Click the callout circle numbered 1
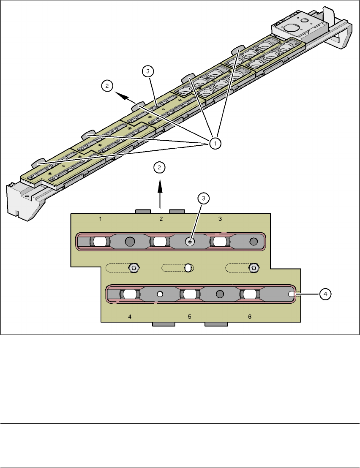pos(215,144)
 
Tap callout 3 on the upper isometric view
pos(147,72)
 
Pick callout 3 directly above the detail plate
pos(204,198)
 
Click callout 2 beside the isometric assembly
pos(107,86)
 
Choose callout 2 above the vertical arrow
pos(159,168)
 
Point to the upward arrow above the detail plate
pos(160,194)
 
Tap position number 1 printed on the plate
pos(101,219)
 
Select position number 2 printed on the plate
pos(161,219)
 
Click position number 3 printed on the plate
pos(220,219)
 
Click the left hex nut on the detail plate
pos(134,267)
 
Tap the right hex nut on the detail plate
pos(254,267)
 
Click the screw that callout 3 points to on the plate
pos(190,242)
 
